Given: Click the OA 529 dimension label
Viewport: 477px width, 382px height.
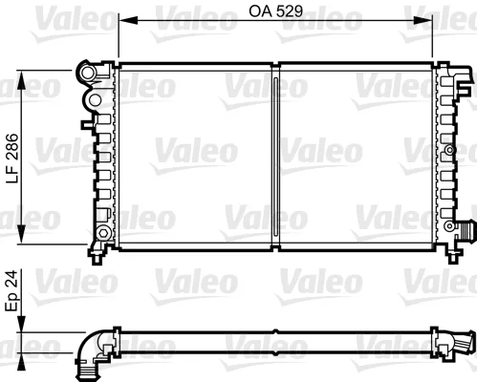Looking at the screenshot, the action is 275,11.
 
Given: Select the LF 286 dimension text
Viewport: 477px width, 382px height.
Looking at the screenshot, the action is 12,158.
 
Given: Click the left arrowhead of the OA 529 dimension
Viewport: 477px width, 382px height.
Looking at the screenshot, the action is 128,20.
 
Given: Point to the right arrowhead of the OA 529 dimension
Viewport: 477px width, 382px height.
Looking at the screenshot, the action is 423,20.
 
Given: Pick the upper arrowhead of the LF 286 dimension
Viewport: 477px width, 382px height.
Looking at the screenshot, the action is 21,80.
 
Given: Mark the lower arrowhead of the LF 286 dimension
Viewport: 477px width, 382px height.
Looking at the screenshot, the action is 21,234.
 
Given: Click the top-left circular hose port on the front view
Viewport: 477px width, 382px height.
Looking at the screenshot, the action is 87,73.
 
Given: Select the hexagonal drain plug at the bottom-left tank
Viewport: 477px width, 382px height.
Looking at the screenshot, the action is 102,233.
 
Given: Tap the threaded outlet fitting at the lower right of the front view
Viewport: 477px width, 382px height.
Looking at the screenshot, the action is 466,232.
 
